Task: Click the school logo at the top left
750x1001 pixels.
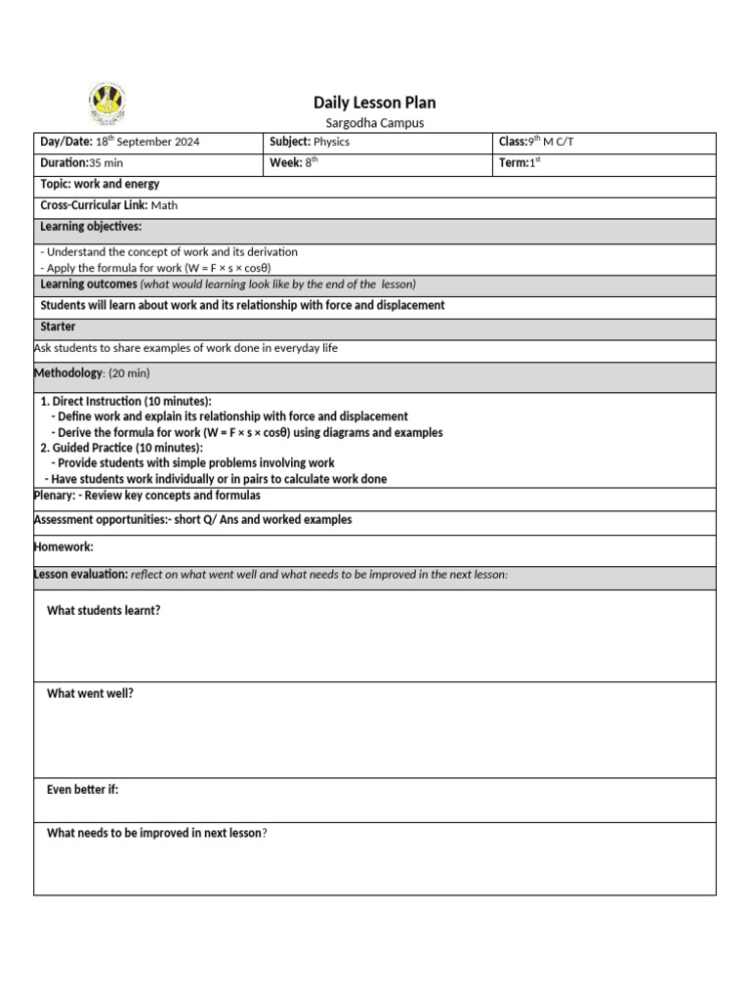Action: (x=107, y=103)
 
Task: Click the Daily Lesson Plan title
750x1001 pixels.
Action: (x=374, y=103)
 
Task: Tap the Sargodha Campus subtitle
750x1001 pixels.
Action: (x=374, y=123)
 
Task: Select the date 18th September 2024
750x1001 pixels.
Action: (x=146, y=143)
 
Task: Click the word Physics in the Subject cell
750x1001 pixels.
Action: (x=331, y=143)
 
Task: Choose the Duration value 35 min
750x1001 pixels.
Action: (x=106, y=163)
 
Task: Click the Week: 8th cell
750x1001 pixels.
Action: (x=294, y=163)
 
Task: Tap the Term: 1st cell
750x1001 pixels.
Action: (x=520, y=163)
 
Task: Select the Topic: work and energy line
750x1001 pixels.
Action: (x=100, y=185)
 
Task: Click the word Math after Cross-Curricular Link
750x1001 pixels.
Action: (x=164, y=206)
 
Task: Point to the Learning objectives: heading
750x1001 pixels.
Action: (x=91, y=227)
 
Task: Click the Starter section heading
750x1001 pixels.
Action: (x=58, y=326)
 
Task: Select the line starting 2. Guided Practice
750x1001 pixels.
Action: (x=122, y=448)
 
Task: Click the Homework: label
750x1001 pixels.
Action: (x=63, y=547)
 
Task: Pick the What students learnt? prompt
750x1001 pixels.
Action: (x=104, y=611)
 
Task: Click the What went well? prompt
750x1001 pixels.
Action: (x=90, y=694)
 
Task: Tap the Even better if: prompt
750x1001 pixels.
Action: (x=83, y=790)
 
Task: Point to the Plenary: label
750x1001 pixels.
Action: (x=55, y=496)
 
